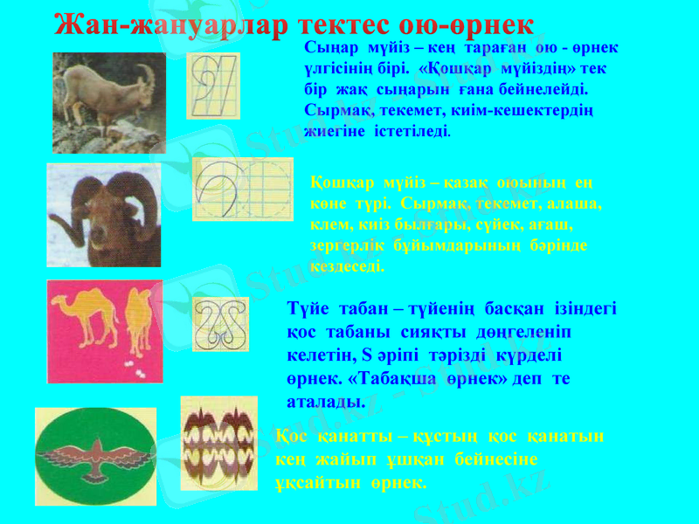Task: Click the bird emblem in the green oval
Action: [96, 457]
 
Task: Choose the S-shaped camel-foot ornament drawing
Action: [220, 324]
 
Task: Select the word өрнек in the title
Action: [490, 24]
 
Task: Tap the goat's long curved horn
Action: [148, 79]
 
